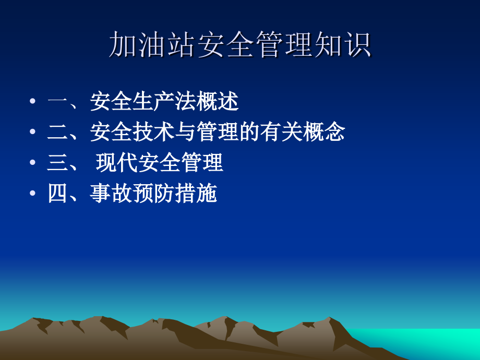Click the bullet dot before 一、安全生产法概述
(x=33, y=102)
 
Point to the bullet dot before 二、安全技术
(x=33, y=133)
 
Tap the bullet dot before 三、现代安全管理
(x=33, y=163)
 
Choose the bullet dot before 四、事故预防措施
(x=33, y=194)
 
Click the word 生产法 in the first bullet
(x=164, y=102)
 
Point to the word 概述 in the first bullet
(x=218, y=102)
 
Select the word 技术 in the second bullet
(x=154, y=133)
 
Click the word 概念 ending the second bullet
(x=324, y=133)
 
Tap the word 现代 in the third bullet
(x=117, y=163)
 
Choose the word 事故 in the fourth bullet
(x=111, y=194)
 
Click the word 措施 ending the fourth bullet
(x=196, y=194)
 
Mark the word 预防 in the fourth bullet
(x=153, y=194)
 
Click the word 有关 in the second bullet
(x=281, y=133)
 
